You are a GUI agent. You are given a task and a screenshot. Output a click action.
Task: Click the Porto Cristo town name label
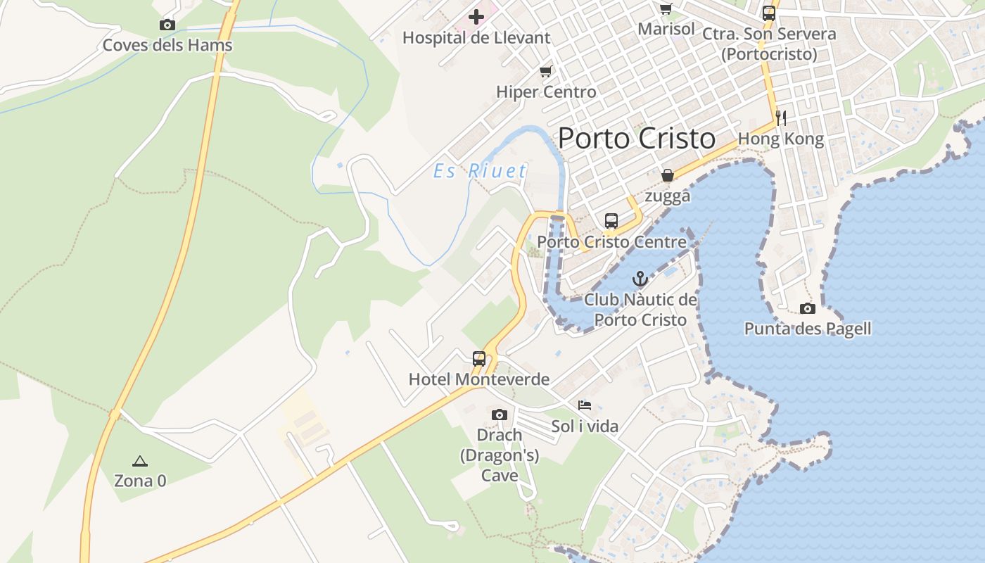click(637, 139)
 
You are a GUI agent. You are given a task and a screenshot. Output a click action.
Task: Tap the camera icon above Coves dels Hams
click(167, 25)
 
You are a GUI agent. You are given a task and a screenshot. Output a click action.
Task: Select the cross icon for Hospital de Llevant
click(476, 16)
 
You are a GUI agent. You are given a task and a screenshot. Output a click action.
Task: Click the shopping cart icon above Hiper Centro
click(546, 71)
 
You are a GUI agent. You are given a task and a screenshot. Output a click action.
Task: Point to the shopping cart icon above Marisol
click(666, 8)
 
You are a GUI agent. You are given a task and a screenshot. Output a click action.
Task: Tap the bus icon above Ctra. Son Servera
click(769, 13)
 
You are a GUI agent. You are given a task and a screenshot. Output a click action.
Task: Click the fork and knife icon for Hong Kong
click(780, 117)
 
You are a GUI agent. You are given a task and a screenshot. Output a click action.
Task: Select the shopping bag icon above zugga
click(667, 175)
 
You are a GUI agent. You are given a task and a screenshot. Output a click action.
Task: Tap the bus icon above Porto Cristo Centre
click(611, 220)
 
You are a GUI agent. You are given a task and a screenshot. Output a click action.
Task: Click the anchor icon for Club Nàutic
click(640, 279)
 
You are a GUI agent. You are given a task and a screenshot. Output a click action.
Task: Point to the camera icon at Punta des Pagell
click(808, 308)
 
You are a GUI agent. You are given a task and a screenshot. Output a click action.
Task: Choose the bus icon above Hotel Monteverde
click(479, 358)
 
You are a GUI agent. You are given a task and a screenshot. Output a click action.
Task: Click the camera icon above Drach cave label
click(500, 415)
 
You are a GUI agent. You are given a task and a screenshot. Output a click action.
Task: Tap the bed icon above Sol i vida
click(585, 405)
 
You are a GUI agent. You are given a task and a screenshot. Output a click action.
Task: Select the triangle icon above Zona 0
click(140, 461)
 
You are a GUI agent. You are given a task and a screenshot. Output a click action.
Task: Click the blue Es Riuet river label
click(480, 171)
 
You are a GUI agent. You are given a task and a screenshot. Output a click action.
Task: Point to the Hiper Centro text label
click(546, 91)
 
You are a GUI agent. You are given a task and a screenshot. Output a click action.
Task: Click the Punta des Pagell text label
click(808, 329)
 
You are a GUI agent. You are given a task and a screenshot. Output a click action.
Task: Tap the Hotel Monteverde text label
click(479, 379)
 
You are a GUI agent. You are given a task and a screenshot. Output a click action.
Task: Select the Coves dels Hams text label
click(167, 46)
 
